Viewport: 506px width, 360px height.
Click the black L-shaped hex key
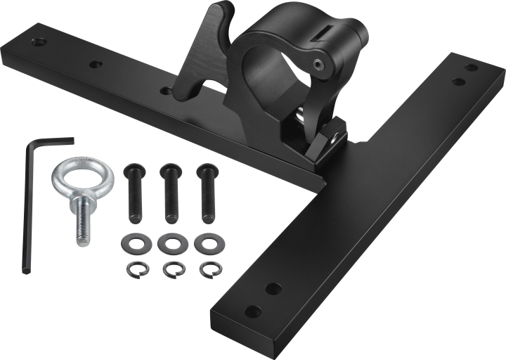28,204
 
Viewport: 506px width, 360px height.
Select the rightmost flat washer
207,243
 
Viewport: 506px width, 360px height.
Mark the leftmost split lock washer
136,270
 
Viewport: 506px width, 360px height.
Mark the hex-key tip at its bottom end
25,269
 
